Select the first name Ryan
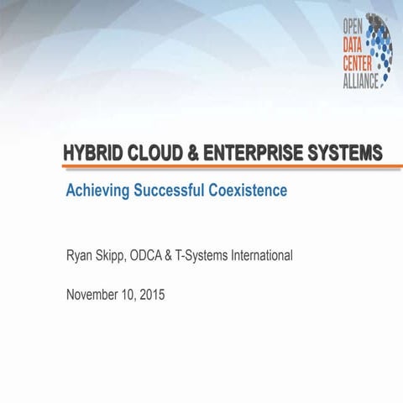pos(81,255)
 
